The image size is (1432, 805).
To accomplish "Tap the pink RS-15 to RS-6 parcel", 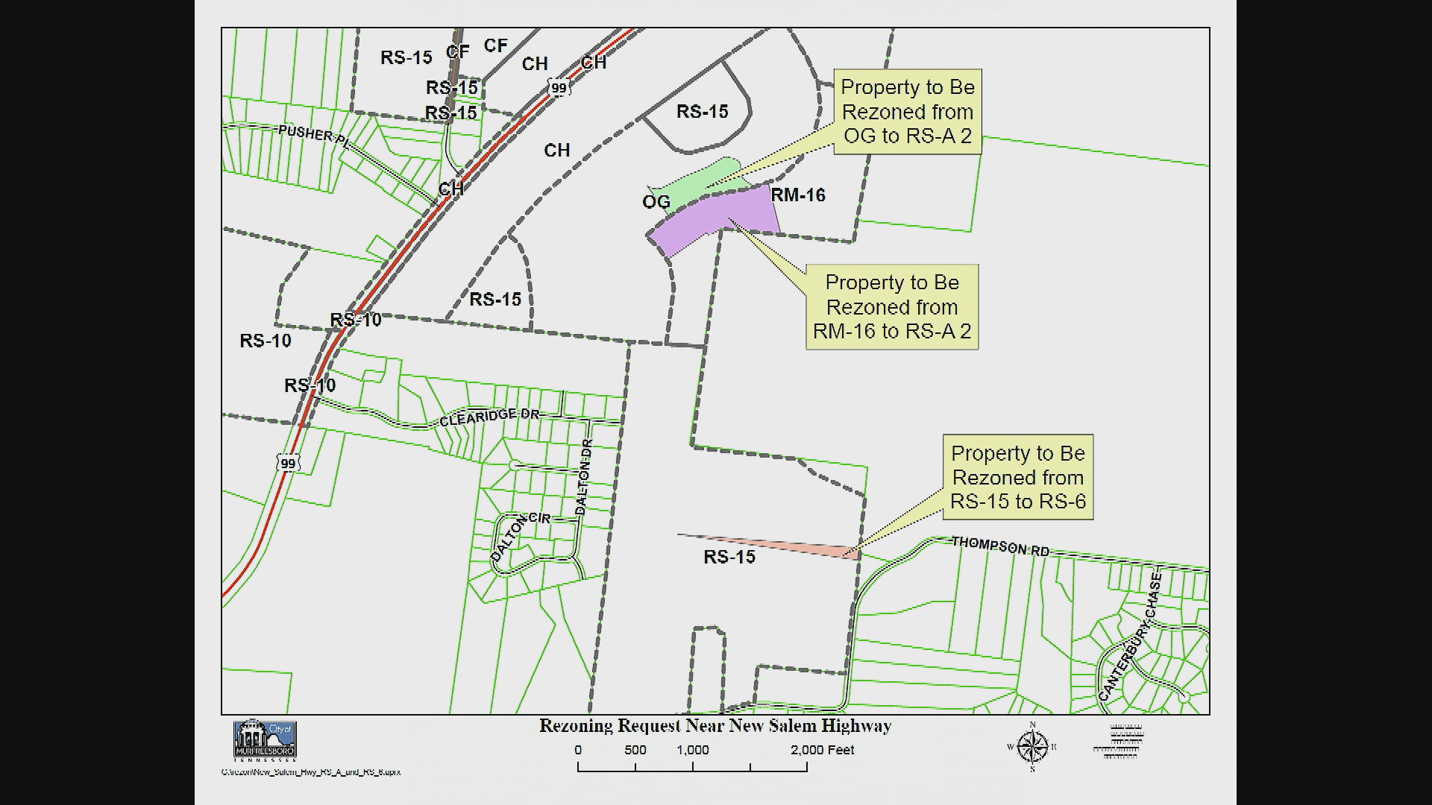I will (x=805, y=549).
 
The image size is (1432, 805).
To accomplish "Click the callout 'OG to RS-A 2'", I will (x=907, y=112).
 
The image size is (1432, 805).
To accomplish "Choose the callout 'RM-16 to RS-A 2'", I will (x=892, y=306).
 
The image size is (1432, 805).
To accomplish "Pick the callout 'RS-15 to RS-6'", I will (x=1018, y=477).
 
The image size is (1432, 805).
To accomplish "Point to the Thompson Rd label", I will (x=1000, y=546).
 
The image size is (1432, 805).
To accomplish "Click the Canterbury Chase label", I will (x=1129, y=637).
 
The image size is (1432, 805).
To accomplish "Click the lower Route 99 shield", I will (x=288, y=463).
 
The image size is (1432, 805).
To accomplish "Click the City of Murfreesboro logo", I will (x=266, y=741).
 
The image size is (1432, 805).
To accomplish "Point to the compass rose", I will (x=1032, y=747).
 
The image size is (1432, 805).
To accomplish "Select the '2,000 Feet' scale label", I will (x=823, y=750).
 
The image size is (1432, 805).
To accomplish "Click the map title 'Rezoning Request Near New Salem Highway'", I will (x=715, y=726).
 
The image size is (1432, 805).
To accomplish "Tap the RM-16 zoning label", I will (x=798, y=195).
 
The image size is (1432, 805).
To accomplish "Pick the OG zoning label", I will (x=656, y=202).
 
